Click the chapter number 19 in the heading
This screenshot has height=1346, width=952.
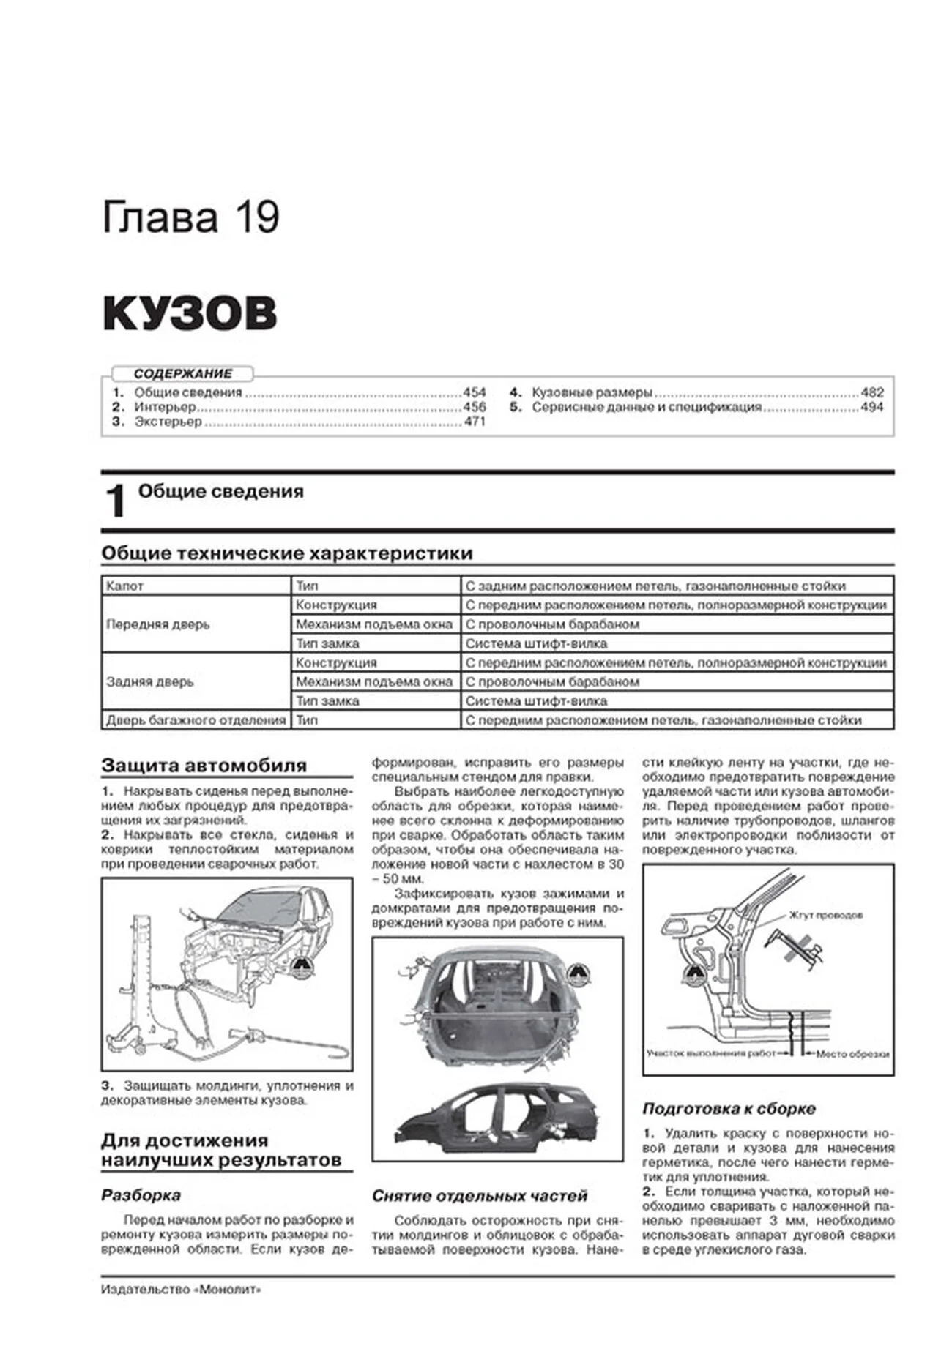(x=257, y=217)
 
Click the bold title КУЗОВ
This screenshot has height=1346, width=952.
(x=190, y=313)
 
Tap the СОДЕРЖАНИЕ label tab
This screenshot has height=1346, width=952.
(x=182, y=373)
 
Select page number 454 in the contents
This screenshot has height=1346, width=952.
(x=475, y=392)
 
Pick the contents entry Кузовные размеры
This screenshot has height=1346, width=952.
(x=592, y=392)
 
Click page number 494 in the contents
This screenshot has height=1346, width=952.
(x=871, y=407)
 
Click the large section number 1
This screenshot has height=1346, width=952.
(x=116, y=502)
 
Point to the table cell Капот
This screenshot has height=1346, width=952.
(x=125, y=586)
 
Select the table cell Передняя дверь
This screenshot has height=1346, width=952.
(x=158, y=624)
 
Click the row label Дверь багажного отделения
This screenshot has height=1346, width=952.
(x=196, y=720)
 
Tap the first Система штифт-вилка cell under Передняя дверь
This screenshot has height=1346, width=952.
(x=536, y=644)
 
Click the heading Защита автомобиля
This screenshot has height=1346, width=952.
(x=204, y=766)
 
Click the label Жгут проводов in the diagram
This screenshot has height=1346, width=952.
(x=825, y=915)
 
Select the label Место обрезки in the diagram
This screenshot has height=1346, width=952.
(x=852, y=1054)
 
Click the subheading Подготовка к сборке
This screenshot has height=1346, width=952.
(x=729, y=1109)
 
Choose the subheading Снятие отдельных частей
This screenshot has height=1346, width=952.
(x=480, y=1196)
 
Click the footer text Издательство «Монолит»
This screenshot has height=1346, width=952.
(x=181, y=1290)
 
